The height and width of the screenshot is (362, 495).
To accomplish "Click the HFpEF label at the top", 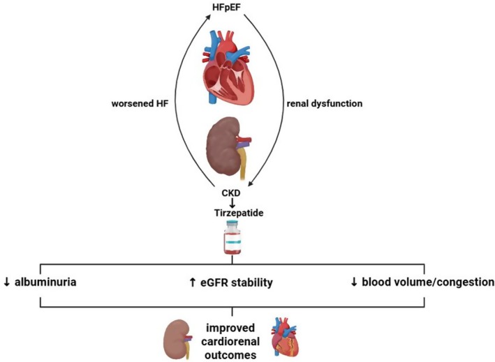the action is coord(226,7).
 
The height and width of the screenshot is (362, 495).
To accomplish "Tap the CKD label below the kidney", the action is coord(231,193).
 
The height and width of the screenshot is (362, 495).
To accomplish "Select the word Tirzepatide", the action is coord(239,213).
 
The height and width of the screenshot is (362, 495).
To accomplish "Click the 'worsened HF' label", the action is coord(140,103).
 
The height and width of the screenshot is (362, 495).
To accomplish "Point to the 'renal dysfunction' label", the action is coord(325,103).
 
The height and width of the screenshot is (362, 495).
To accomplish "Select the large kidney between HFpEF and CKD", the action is coord(228,148).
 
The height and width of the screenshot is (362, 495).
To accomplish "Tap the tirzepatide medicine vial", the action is coord(232,237).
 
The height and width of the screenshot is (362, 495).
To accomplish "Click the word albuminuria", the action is coord(45,282).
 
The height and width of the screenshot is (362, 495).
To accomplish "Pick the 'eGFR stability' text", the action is coord(237,282).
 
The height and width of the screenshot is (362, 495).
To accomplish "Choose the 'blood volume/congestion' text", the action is coord(428,282).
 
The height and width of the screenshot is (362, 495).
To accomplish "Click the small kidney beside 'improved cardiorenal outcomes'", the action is coord(177,340).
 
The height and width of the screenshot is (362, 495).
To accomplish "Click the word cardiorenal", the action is coord(230,342).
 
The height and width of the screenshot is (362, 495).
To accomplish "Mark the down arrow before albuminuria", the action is coord(7,282).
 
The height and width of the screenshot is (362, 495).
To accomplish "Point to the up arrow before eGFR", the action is coord(193,282).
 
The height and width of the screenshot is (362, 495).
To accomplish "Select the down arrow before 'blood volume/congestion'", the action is coord(354,282).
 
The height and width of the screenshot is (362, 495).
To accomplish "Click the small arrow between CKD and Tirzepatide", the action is coord(232,202).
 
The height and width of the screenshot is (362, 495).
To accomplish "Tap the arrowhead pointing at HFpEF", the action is coord(208,16).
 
